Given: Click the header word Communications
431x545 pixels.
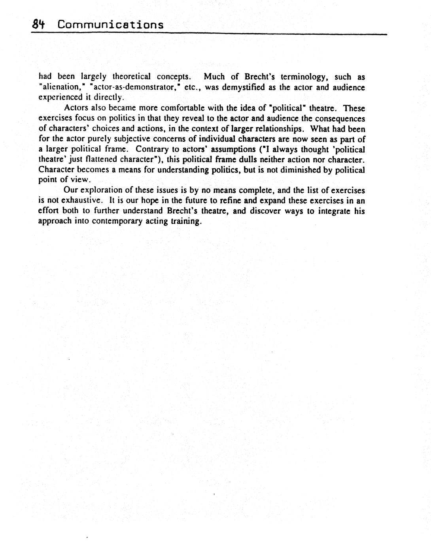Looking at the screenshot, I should [x=110, y=25].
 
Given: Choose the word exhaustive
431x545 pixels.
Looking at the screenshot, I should [x=79, y=200].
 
